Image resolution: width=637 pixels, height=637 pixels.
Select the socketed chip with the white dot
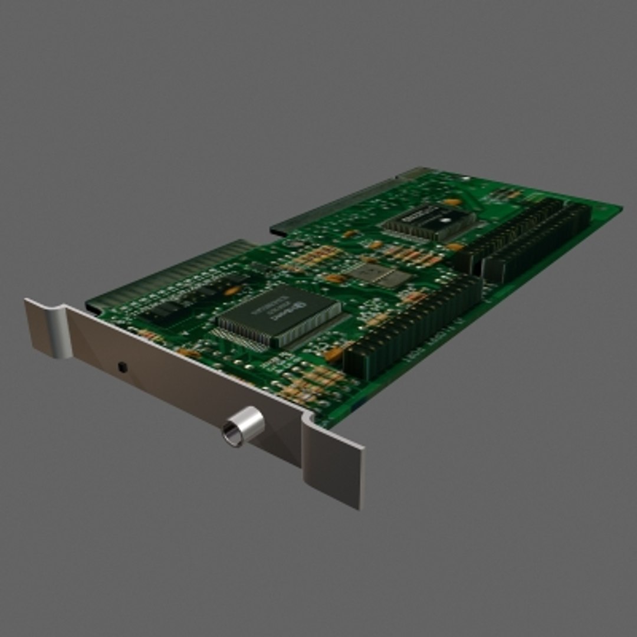coord(429,222)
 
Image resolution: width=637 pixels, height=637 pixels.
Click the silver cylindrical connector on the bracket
coord(242,426)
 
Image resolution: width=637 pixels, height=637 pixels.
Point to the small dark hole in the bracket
coord(122,367)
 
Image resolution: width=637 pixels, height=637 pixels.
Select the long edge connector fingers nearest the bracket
coord(171,271)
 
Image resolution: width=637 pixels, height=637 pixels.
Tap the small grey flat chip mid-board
coord(377,275)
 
